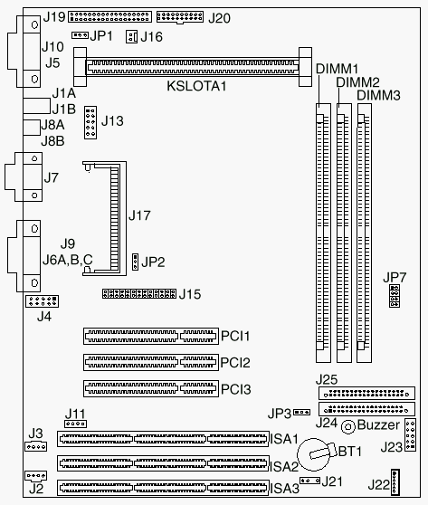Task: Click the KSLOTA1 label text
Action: pyautogui.click(x=196, y=86)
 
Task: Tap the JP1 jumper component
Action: pyautogui.click(x=80, y=34)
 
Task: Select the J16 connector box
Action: pyautogui.click(x=131, y=37)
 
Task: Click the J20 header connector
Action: pyautogui.click(x=180, y=17)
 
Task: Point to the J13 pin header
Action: pyautogui.click(x=90, y=122)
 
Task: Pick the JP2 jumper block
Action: pyautogui.click(x=135, y=262)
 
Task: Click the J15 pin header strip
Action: pyautogui.click(x=139, y=293)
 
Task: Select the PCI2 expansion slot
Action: pyautogui.click(x=151, y=362)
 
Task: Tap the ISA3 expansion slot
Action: pyautogui.click(x=163, y=488)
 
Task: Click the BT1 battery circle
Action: pyautogui.click(x=313, y=454)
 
